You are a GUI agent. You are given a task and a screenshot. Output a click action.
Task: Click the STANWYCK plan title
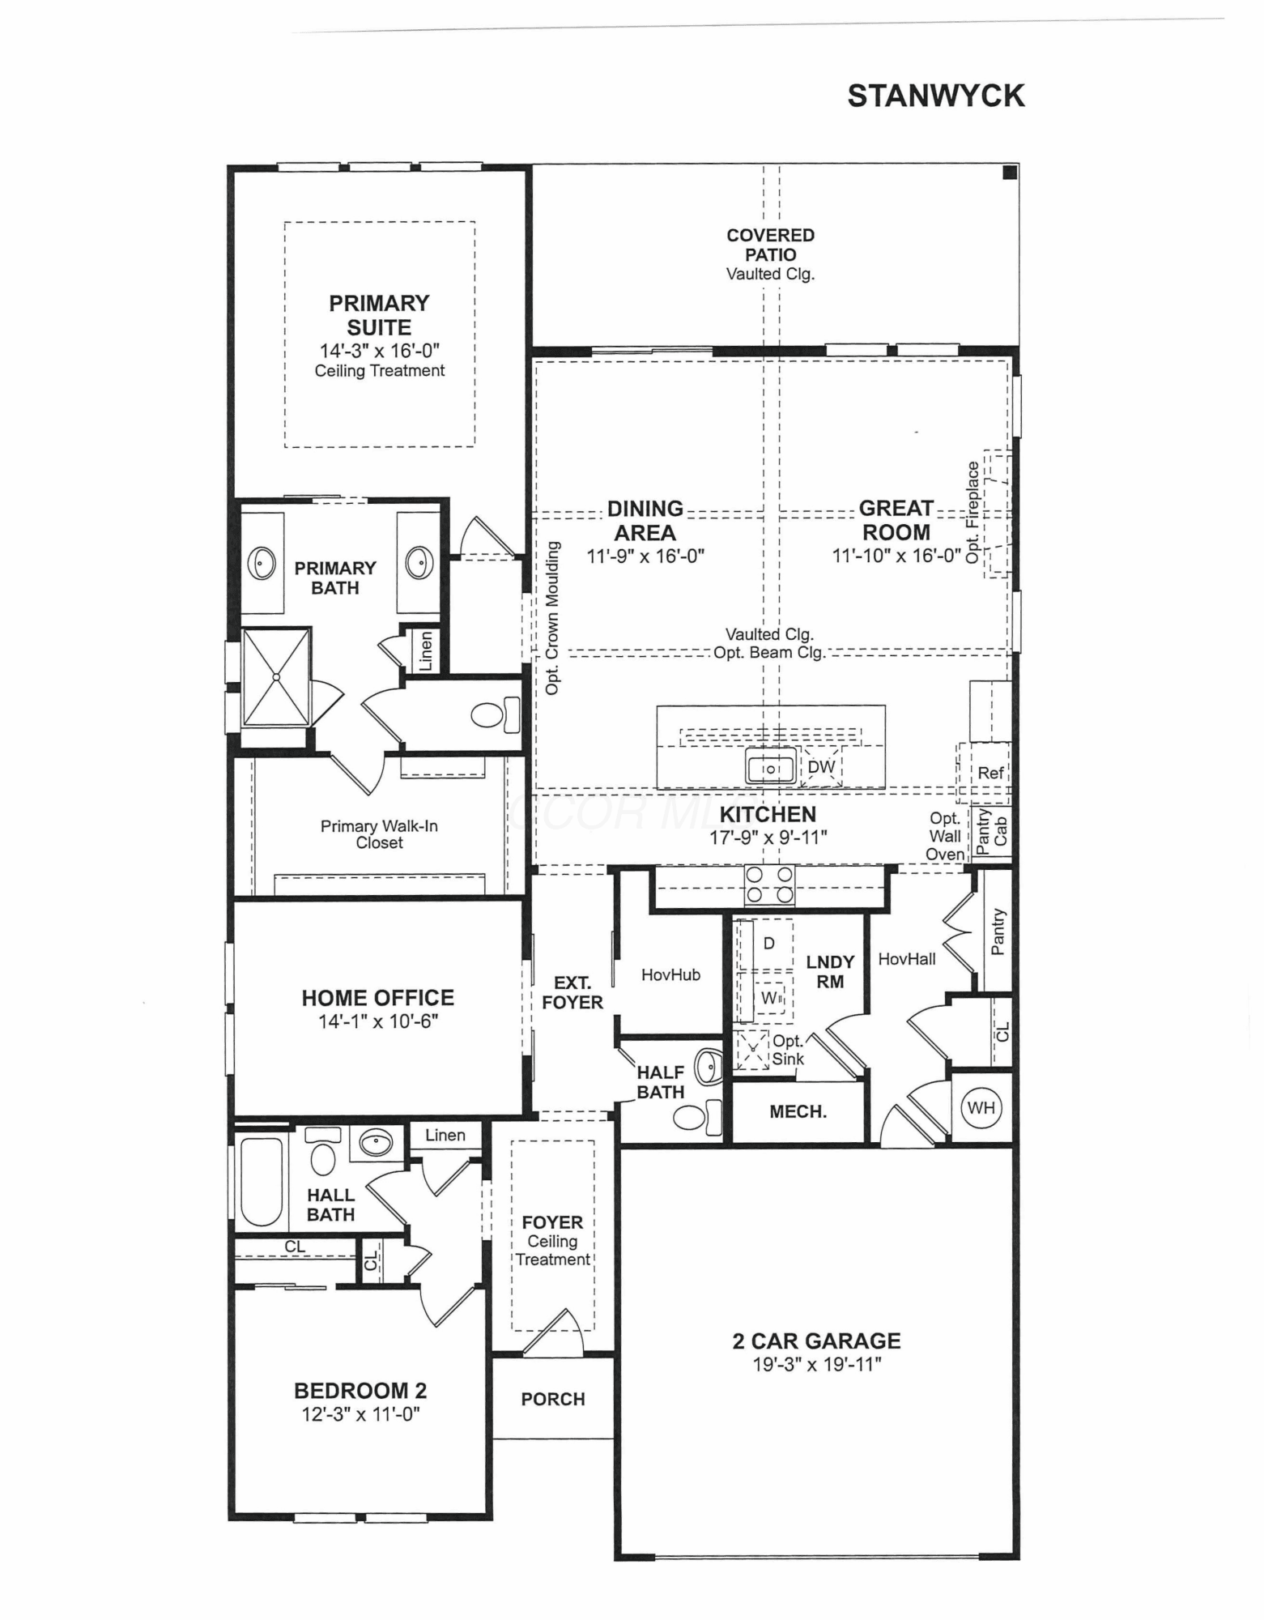coord(935,96)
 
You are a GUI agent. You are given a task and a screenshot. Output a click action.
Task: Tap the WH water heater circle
coord(981,1107)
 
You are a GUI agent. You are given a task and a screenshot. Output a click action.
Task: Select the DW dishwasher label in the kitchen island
coord(821,766)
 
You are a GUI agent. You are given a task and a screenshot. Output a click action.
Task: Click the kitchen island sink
coord(771,766)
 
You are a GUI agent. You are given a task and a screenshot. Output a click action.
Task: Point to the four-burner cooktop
coord(769,885)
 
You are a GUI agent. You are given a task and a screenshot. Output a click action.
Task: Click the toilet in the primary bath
coord(495,714)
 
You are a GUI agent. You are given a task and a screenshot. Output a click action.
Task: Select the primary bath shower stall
coord(276,676)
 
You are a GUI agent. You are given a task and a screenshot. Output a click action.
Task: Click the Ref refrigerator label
coord(990,773)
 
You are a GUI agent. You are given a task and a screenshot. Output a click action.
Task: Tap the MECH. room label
coord(798,1111)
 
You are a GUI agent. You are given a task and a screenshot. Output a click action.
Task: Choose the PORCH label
coord(553,1399)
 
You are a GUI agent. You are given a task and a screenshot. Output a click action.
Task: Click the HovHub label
coord(670,974)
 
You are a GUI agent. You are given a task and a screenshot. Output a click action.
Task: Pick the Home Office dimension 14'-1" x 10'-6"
coord(378,1021)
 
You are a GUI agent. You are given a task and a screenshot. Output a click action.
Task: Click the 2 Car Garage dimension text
coord(817,1364)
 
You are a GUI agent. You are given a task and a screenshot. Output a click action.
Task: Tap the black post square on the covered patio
coord(1010,172)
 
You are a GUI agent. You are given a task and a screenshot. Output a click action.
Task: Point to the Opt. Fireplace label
coord(973,512)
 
